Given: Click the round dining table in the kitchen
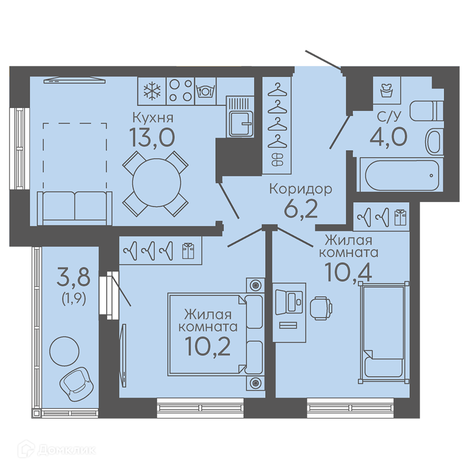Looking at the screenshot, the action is click(x=157, y=182).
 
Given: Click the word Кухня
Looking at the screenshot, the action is click(x=153, y=118).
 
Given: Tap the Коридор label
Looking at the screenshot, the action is click(x=301, y=189).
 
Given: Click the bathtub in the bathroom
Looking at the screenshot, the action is click(x=399, y=175).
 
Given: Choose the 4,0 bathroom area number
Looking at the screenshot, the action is click(x=389, y=136).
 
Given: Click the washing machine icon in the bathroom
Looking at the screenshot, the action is click(x=387, y=90).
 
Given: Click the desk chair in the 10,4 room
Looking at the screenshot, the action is click(x=321, y=308).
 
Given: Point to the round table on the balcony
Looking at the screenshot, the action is click(x=64, y=351).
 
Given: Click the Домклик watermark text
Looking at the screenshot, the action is click(x=67, y=450).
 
